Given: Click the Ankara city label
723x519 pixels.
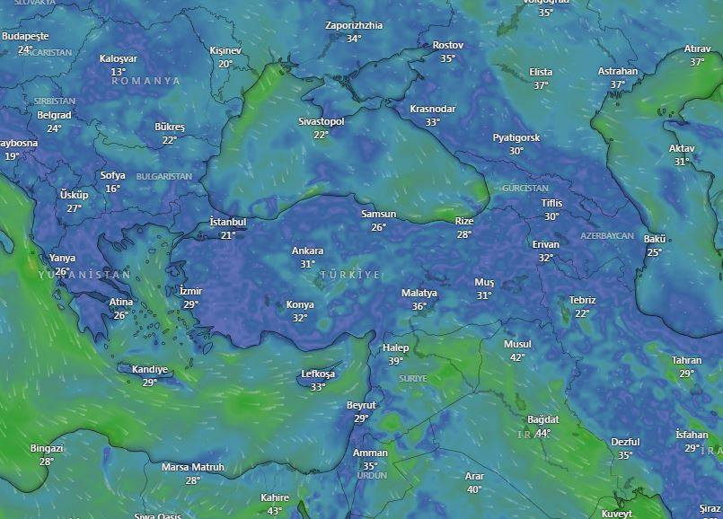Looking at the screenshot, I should (x=307, y=251).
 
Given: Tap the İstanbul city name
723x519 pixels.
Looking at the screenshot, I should (x=227, y=222).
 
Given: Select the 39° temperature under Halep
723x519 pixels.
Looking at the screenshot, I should (x=395, y=361).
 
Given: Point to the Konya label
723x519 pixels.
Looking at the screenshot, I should (x=300, y=305).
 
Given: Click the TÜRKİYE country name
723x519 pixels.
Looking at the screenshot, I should (x=350, y=274).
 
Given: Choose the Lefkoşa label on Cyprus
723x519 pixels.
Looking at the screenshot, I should (x=318, y=374).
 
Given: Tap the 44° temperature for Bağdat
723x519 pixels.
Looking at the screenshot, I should (x=543, y=433).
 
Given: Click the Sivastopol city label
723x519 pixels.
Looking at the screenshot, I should (x=321, y=121).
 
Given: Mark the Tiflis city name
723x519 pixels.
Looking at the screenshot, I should (x=551, y=203).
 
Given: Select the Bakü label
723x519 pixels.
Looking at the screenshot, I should (x=654, y=239).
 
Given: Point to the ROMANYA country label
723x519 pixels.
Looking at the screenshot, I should (x=145, y=81).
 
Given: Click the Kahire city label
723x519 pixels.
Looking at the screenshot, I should (x=275, y=498).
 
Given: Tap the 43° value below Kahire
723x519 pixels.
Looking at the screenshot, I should (x=275, y=511).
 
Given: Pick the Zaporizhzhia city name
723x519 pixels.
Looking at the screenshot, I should (x=354, y=26).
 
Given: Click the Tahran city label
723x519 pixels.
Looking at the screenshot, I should (x=686, y=361).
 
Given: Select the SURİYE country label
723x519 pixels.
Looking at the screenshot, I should (x=413, y=379).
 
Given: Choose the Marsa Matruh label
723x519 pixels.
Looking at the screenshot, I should (x=193, y=468).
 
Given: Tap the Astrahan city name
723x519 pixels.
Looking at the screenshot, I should (x=617, y=72).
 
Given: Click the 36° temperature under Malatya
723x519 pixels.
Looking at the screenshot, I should (x=419, y=306).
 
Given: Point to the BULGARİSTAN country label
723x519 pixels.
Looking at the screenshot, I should (x=163, y=177).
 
